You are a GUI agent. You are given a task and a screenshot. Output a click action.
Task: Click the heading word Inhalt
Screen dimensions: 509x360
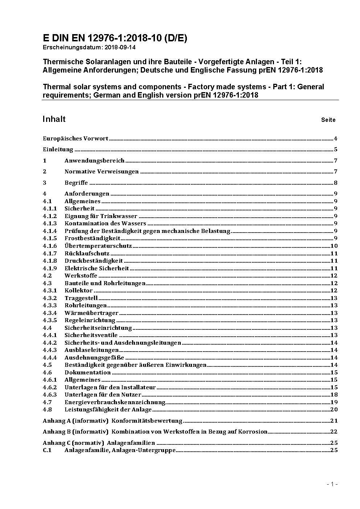(54, 119)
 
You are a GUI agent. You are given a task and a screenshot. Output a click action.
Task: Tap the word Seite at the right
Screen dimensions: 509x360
(328, 120)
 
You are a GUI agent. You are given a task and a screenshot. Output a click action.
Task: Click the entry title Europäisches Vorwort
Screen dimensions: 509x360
(75, 138)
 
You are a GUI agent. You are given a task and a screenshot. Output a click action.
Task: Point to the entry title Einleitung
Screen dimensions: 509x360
(58, 149)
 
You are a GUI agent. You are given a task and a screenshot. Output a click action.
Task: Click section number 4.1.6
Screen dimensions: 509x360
(50, 246)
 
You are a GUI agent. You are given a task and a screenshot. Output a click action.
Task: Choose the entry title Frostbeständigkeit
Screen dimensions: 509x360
(92, 238)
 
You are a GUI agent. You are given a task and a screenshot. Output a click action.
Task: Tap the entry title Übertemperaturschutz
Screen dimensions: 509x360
(98, 246)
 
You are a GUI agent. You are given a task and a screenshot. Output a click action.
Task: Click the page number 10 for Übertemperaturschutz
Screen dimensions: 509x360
(334, 246)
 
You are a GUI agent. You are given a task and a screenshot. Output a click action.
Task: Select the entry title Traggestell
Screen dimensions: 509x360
(81, 298)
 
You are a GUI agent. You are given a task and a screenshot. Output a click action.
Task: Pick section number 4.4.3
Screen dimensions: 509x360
(50, 350)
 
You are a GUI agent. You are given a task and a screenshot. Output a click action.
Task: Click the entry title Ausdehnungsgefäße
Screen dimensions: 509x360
(94, 358)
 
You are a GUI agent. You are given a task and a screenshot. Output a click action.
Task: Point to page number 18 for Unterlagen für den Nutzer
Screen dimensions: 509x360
(334, 395)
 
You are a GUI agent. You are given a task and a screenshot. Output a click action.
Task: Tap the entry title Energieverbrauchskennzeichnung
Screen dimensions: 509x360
(115, 402)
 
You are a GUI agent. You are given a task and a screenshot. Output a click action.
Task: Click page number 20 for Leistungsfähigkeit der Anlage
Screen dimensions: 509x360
(334, 410)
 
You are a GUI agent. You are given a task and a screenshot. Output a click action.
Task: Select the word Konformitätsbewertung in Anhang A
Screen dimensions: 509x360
(147, 421)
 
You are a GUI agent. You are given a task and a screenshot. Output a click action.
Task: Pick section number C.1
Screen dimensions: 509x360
(47, 450)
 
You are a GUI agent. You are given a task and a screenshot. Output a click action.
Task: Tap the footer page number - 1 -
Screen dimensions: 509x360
(332, 484)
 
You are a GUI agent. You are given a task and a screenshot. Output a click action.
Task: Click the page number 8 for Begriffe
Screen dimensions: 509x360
(336, 183)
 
